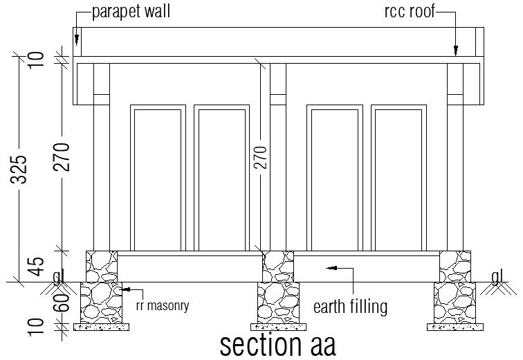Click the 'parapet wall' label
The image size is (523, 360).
pyautogui.click(x=130, y=12)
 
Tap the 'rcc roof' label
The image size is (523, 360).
pyautogui.click(x=409, y=12)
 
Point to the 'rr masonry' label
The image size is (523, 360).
pyautogui.click(x=162, y=303)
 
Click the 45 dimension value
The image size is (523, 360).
pyautogui.click(x=39, y=266)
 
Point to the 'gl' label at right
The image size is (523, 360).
pyautogui.click(x=497, y=277)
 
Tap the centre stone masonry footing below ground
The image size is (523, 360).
pyautogui.click(x=277, y=302)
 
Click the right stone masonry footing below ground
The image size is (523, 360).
pyautogui.click(x=455, y=302)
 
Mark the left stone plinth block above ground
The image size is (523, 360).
pyautogui.click(x=102, y=266)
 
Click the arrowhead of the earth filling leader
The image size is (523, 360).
pyautogui.click(x=330, y=267)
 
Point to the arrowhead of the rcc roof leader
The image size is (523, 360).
pyautogui.click(x=456, y=51)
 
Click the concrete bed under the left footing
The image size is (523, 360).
pyautogui.click(x=101, y=325)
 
